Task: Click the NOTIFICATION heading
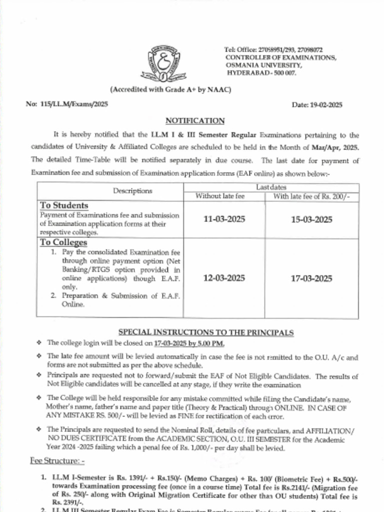(x=195, y=120)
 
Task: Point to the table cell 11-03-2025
(x=224, y=219)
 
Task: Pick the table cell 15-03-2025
(x=311, y=219)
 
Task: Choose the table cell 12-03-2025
(x=224, y=278)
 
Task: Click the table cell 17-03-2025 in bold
(x=311, y=278)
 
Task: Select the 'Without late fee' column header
(x=220, y=196)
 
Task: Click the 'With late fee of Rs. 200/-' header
(x=311, y=196)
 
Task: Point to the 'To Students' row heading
(x=64, y=205)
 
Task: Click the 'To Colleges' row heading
(x=63, y=242)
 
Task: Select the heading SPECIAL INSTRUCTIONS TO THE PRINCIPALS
(x=206, y=332)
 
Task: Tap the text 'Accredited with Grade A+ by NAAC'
(x=171, y=89)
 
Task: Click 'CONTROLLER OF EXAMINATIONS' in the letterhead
(x=280, y=57)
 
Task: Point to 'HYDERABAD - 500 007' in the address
(x=261, y=73)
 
